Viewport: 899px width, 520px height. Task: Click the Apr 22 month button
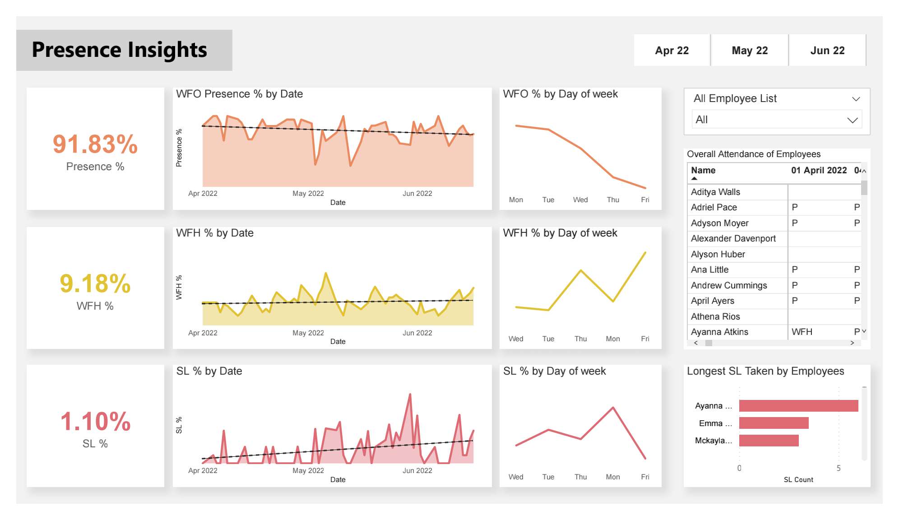[x=672, y=51]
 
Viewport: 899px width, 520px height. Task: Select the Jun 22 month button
[x=827, y=51]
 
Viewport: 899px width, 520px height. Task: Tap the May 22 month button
[x=749, y=51]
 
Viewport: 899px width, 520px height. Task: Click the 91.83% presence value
[x=95, y=144]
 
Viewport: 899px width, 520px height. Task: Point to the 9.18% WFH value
[x=95, y=283]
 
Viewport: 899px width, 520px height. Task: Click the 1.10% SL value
[x=95, y=422]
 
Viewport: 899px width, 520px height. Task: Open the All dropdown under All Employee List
[x=776, y=120]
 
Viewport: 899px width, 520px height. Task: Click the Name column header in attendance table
[x=703, y=170]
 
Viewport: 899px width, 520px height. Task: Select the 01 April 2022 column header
[x=819, y=170]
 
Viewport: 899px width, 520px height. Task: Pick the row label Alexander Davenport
[x=733, y=238]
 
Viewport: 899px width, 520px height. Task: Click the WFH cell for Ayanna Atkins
[x=802, y=332]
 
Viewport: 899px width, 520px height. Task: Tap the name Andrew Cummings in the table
[x=728, y=285]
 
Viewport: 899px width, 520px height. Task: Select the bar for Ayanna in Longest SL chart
[x=798, y=406]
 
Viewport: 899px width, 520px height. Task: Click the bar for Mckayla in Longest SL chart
[x=769, y=441]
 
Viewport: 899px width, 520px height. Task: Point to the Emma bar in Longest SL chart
[x=774, y=423]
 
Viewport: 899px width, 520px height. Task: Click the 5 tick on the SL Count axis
[x=839, y=468]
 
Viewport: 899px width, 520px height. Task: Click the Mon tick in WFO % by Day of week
[x=516, y=200]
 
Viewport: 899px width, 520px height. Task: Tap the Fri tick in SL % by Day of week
[x=645, y=477]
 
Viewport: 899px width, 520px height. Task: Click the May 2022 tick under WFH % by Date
[x=308, y=333]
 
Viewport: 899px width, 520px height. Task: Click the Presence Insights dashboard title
[x=120, y=50]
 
